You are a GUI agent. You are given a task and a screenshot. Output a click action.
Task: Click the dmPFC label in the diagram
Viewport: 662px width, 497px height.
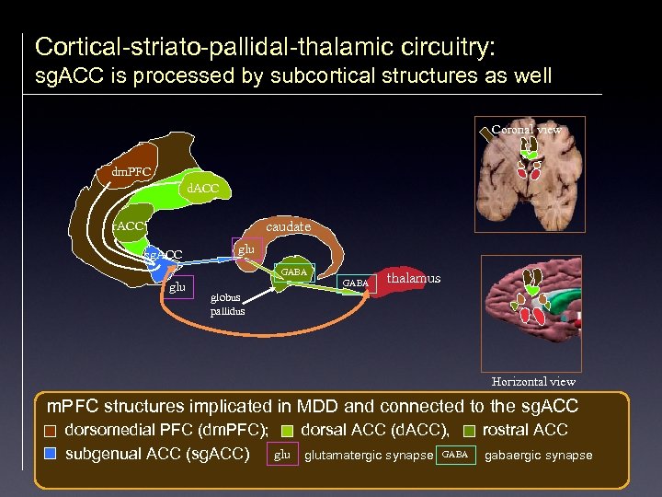click(x=131, y=171)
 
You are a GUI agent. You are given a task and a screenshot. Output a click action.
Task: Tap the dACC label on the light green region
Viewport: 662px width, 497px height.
click(x=202, y=190)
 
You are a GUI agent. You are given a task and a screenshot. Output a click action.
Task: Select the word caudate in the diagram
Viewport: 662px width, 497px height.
click(x=289, y=226)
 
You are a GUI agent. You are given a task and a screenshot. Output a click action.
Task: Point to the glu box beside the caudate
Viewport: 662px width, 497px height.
click(x=245, y=249)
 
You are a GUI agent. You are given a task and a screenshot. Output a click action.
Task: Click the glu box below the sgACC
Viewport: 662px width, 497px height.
click(x=177, y=287)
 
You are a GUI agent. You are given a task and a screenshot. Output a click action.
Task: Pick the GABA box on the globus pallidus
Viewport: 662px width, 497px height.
click(x=294, y=273)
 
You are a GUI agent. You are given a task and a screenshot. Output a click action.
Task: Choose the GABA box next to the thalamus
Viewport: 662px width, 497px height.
click(x=356, y=283)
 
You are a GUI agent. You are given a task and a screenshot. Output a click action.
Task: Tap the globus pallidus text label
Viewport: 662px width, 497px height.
click(x=226, y=305)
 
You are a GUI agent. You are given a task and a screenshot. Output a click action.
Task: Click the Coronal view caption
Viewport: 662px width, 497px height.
click(x=526, y=130)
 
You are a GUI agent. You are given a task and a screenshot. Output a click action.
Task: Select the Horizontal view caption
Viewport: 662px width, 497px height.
click(x=533, y=381)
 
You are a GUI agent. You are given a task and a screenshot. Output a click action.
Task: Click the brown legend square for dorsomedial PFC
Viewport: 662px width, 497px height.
click(x=51, y=430)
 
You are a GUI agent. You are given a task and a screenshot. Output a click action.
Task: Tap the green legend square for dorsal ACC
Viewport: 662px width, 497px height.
click(x=288, y=430)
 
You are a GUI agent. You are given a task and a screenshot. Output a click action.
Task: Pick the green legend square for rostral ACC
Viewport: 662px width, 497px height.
click(x=470, y=430)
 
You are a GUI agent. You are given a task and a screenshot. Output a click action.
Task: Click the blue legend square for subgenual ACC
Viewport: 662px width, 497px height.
click(x=51, y=454)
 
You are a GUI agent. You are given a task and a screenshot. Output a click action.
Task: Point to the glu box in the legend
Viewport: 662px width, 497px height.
click(x=282, y=454)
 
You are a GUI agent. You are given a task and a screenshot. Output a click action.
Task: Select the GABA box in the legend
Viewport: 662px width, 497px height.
click(x=455, y=454)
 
